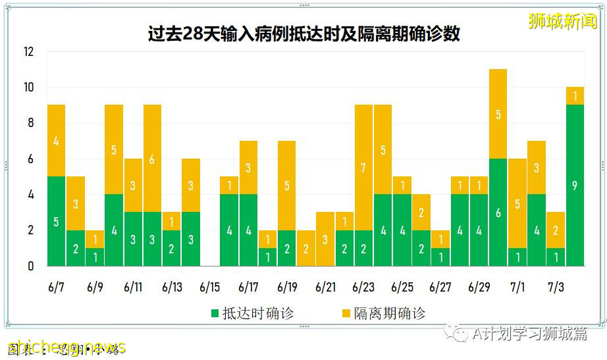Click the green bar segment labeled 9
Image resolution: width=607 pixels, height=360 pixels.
[575, 185]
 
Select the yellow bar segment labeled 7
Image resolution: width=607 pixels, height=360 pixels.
[364, 168]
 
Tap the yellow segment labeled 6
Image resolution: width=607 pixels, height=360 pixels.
[152, 159]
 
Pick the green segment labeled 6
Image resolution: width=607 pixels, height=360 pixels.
[498, 212]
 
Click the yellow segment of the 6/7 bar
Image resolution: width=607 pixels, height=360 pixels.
[56, 140]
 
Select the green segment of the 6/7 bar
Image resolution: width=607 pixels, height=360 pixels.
[56, 221]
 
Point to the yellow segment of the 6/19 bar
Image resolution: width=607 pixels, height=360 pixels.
[287, 186]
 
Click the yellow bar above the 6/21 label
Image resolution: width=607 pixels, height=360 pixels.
[325, 239]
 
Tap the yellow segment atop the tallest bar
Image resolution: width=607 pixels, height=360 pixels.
[498, 114]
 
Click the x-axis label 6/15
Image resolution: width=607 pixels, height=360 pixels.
[210, 288]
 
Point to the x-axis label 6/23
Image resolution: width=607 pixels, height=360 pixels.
[363, 288]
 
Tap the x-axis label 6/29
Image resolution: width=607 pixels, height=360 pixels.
[479, 288]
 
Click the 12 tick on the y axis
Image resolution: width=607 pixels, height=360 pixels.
[29, 52]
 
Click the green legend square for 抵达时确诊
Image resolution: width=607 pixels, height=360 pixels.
[215, 313]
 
